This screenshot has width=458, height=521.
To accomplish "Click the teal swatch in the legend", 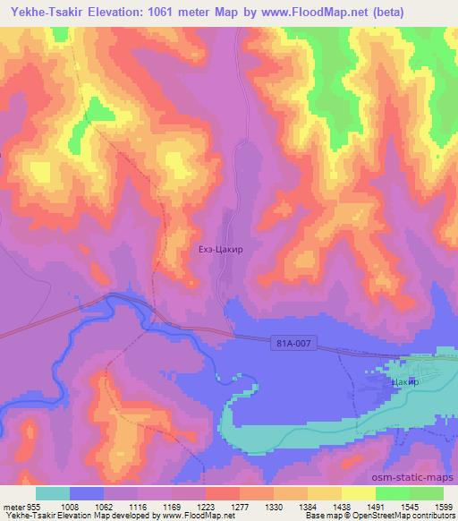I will pyautogui.click(x=53, y=493).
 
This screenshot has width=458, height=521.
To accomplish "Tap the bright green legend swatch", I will pyautogui.click(x=393, y=493).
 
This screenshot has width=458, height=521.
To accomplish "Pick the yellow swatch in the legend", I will pyautogui.click(x=359, y=493).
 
